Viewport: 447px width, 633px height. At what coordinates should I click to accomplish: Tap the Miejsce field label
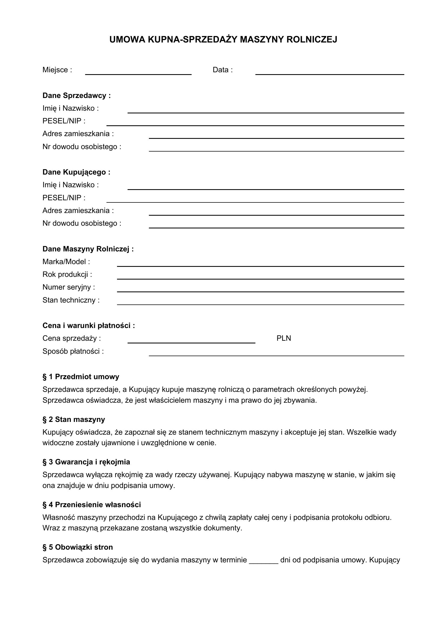tap(57, 70)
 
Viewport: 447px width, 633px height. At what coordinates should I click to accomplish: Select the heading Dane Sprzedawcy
tap(76, 95)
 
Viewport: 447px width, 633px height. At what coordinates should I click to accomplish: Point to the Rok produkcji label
tap(67, 274)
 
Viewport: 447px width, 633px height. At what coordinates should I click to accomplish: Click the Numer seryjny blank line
tap(260, 289)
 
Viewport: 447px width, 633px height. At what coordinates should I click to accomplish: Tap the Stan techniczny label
tap(71, 300)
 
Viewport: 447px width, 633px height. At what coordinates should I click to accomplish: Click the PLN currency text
tap(283, 338)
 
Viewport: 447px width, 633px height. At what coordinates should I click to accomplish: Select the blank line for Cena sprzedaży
tap(191, 340)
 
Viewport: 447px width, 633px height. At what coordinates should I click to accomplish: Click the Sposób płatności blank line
tap(276, 353)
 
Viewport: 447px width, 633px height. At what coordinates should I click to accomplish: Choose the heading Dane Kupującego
tap(76, 172)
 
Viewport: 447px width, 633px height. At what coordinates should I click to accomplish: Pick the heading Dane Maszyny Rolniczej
tap(88, 249)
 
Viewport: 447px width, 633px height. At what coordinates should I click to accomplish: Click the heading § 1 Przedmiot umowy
tap(81, 377)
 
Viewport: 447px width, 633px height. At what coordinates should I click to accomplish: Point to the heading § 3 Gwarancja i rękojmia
tap(86, 462)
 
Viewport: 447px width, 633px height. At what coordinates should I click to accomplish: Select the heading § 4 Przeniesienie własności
tap(92, 504)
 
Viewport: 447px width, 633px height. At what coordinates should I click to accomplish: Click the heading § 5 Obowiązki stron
tap(78, 547)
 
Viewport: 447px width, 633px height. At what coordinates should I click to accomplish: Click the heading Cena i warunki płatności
tap(89, 326)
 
